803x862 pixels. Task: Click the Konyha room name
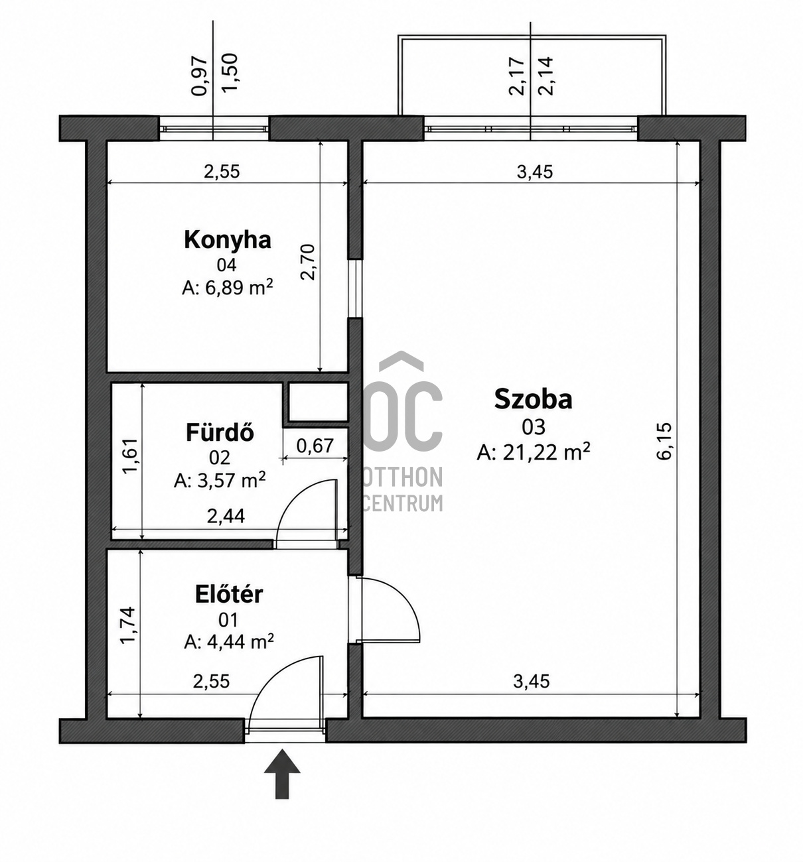[x=227, y=241]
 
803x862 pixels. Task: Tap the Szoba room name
[x=533, y=399]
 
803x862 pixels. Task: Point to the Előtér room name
[x=229, y=594]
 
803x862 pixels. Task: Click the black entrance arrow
[x=282, y=773]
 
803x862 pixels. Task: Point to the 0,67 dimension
[x=315, y=446]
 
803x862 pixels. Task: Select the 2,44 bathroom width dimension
[x=226, y=516]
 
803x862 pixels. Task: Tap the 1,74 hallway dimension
[x=129, y=625]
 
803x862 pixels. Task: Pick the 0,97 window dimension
[x=200, y=76]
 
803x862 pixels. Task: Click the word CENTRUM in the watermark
[x=402, y=503]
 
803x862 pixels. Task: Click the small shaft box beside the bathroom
[x=318, y=401]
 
